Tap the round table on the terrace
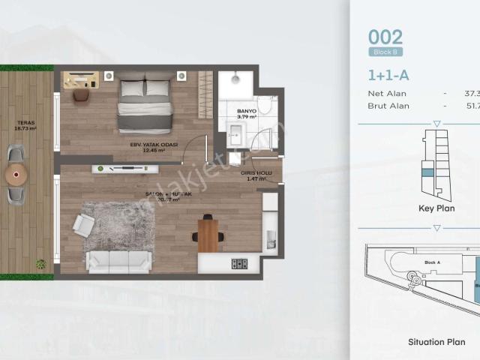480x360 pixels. [x=16, y=175]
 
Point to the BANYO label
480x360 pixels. [x=247, y=112]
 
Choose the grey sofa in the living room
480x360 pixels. [x=118, y=260]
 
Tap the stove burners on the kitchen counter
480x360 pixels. [x=239, y=263]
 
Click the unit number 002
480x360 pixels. [x=385, y=37]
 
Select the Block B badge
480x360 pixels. [x=386, y=52]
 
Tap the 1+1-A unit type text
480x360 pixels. [x=388, y=74]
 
